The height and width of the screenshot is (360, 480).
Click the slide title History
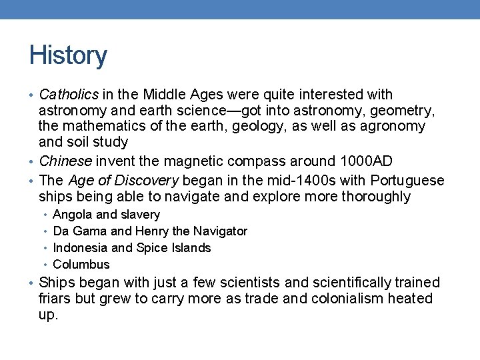[68, 56]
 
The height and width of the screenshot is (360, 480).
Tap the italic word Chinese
[67, 161]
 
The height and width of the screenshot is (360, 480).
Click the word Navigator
[220, 231]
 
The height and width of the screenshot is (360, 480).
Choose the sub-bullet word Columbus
[81, 265]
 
